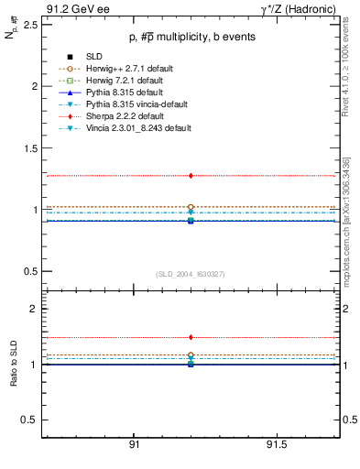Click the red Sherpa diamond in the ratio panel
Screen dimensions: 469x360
[191, 337]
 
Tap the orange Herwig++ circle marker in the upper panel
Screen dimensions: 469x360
[191, 207]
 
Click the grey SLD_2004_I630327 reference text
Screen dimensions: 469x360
[190, 274]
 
